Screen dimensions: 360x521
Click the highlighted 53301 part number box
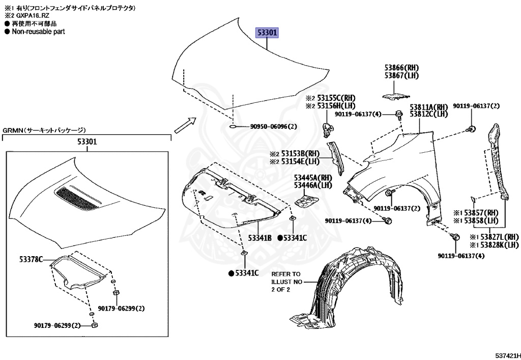(267, 33)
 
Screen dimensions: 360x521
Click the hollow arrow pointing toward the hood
(185, 125)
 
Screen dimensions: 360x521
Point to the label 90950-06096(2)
(273, 127)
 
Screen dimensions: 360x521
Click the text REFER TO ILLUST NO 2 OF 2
(286, 282)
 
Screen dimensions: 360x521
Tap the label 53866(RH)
(401, 67)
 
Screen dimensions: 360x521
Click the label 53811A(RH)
(428, 107)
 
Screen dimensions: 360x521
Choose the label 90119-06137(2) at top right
(476, 106)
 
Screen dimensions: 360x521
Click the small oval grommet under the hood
(231, 127)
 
